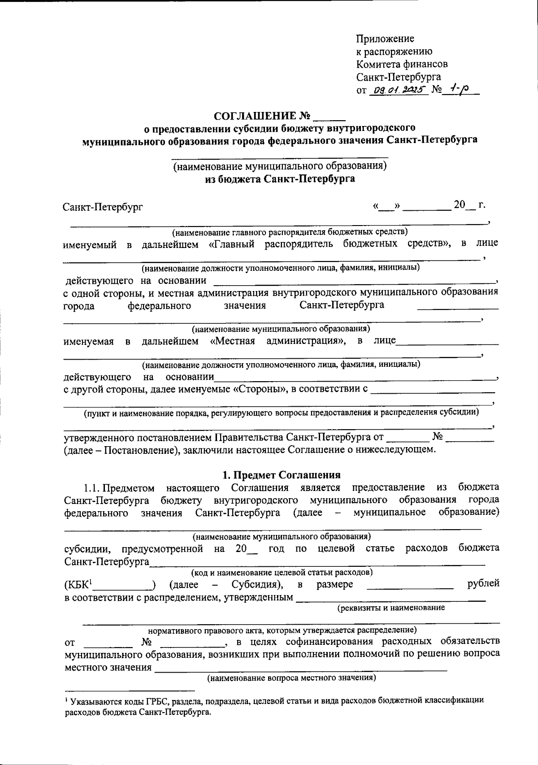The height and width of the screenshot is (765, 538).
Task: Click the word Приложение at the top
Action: click(385, 39)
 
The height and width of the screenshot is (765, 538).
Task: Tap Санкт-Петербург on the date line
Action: click(103, 207)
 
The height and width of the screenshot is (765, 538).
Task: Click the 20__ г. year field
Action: click(469, 205)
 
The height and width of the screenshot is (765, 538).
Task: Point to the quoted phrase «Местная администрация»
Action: click(278, 341)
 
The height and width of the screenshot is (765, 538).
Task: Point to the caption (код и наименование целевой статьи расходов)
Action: click(282, 573)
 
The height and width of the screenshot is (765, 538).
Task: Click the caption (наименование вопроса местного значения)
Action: click(291, 678)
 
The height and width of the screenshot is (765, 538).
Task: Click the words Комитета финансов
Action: click(402, 64)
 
